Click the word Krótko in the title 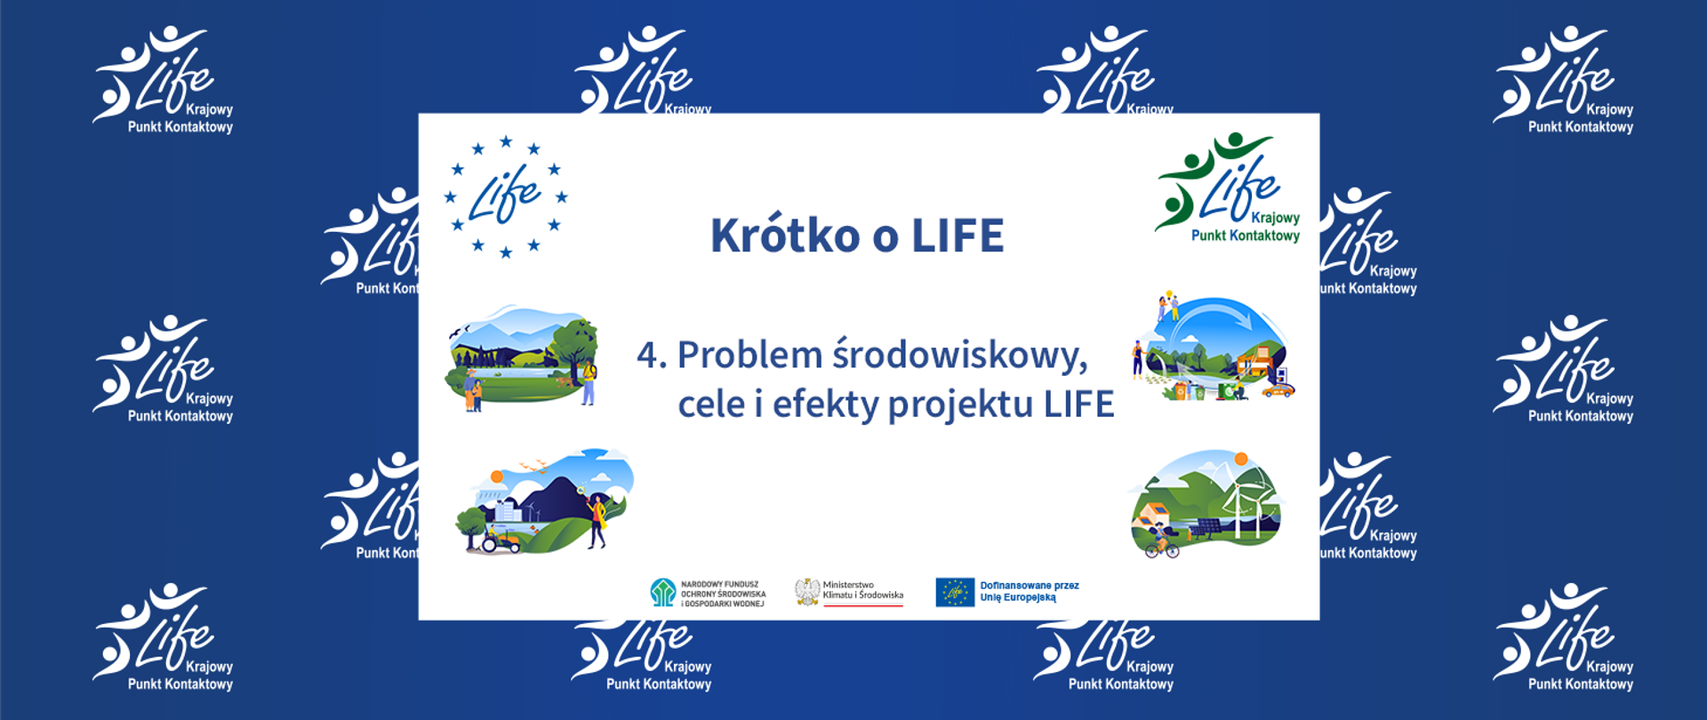pos(785,236)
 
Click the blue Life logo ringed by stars pos(505,196)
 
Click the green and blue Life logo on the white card pos(1228,188)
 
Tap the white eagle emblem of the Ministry pos(806,592)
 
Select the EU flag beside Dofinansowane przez pos(954,592)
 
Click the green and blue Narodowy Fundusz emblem pos(662,592)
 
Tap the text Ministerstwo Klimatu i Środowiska pos(862,590)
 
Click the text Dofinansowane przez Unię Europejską pos(1029,591)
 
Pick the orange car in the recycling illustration pos(1278,389)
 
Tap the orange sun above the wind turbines pos(1241,460)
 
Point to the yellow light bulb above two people pos(1169,294)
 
